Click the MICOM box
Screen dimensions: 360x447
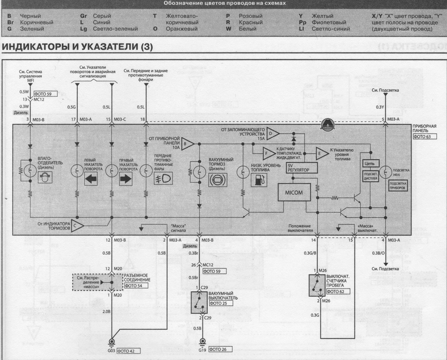tap(294, 192)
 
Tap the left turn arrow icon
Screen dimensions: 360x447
tap(91, 179)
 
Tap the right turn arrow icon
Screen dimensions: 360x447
tap(125, 179)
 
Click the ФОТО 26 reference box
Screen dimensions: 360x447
tap(220, 350)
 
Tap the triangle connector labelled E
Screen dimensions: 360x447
tap(322, 154)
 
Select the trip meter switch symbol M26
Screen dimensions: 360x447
tap(317, 285)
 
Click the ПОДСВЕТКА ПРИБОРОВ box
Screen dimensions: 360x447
tap(398, 186)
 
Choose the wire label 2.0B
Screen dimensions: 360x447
tap(106, 312)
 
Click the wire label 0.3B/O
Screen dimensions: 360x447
tap(378, 253)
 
